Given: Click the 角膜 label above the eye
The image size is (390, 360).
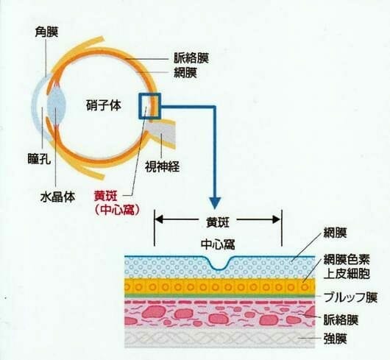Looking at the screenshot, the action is click(46, 32).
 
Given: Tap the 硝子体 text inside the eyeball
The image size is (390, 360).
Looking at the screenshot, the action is click(104, 105).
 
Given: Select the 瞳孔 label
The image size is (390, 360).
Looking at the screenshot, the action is click(39, 158).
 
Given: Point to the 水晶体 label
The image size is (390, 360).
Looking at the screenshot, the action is click(57, 197).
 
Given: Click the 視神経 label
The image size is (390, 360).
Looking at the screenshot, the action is click(162, 166).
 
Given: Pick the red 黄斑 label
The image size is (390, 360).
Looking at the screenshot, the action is click(105, 197).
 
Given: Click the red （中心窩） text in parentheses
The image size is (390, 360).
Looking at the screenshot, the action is click(116, 211).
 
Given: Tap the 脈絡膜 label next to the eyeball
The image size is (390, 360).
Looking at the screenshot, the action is click(191, 58).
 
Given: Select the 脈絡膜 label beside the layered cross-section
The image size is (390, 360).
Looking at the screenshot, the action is click(341, 320).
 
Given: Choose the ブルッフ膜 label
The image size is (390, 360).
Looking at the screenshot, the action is click(351, 297).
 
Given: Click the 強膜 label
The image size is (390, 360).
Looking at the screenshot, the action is click(336, 339).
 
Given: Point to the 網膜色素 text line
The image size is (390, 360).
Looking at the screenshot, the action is click(347, 259).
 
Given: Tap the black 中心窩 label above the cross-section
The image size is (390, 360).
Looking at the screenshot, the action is click(218, 245).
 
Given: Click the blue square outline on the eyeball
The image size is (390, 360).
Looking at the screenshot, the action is click(139, 106).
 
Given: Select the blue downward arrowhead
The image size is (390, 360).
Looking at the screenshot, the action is click(215, 203).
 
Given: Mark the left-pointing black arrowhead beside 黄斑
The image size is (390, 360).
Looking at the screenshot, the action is click(158, 219).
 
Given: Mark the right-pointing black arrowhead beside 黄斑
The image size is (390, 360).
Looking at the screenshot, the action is click(277, 219).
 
